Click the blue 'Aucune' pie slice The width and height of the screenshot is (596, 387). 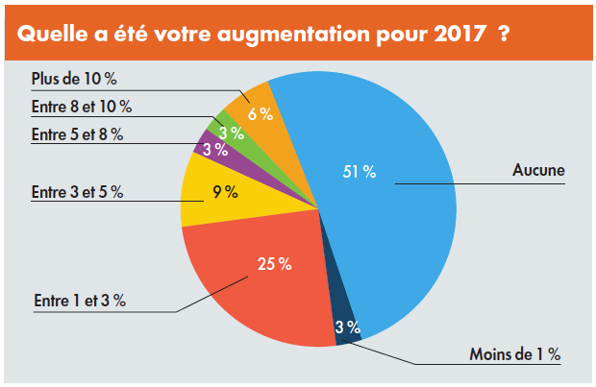pyautogui.click(x=385, y=221)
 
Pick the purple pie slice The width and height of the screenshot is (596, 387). pyautogui.click(x=208, y=146)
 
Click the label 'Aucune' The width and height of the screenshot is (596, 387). pyautogui.click(x=538, y=172)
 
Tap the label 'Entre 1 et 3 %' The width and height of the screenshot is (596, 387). pyautogui.click(x=79, y=301)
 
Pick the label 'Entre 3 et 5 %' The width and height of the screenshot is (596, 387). pyautogui.click(x=77, y=192)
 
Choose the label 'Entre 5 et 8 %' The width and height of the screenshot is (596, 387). pyautogui.click(x=77, y=134)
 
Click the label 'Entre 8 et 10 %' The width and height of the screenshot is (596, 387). pyautogui.click(x=81, y=106)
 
